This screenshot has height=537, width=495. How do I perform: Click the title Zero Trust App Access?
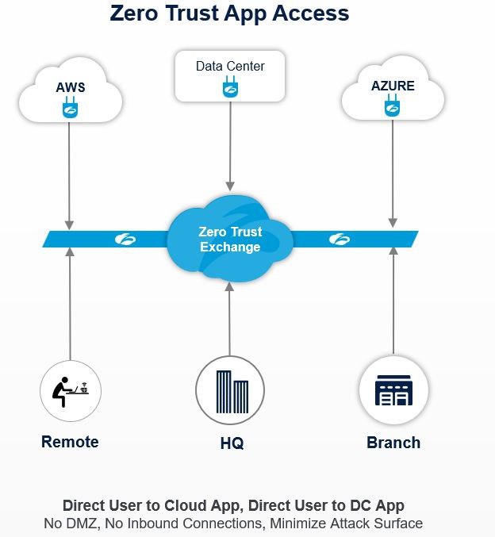point(229,13)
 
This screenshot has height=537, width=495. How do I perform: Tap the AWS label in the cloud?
point(70,87)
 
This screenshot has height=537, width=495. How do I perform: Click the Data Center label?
point(230,67)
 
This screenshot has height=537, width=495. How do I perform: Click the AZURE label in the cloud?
point(393,86)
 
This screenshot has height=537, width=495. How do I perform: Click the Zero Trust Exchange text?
point(230,240)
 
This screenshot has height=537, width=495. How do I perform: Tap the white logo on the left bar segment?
point(126,238)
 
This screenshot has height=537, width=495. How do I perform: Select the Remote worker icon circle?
point(71,390)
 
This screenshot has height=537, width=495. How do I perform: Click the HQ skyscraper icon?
point(230,390)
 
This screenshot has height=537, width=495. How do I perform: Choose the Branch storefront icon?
point(393,390)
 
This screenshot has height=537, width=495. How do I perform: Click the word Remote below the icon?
point(70,442)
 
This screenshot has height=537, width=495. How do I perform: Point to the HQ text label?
point(232,443)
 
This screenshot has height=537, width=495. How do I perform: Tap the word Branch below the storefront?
point(393,443)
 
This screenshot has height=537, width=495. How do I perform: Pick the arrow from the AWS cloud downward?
point(70,175)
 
